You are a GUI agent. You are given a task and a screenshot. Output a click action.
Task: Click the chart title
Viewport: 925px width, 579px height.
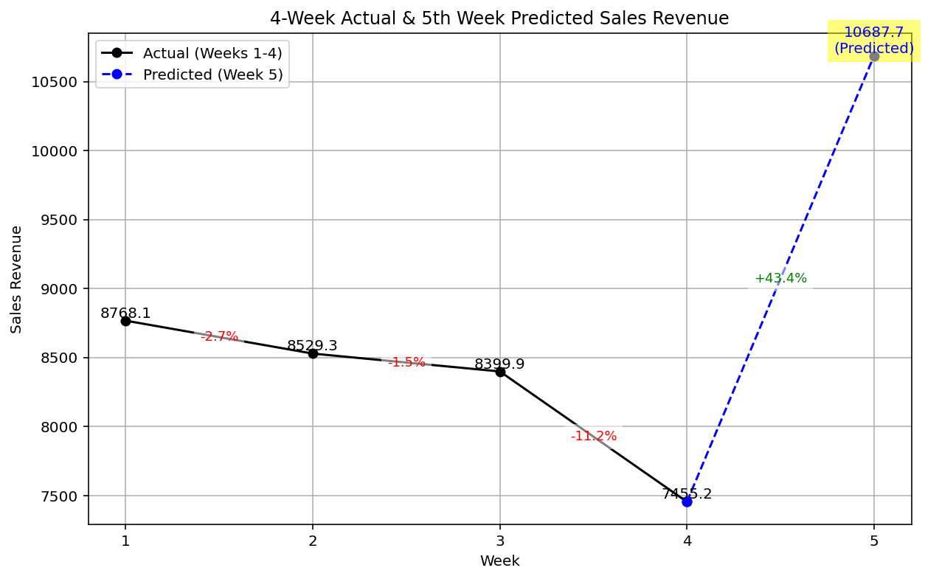(499, 18)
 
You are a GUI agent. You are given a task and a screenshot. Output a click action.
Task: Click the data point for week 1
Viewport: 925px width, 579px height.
(125, 321)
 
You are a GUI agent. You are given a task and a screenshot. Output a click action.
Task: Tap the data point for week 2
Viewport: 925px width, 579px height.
(313, 353)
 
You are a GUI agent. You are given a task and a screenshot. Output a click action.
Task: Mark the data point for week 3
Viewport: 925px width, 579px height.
(500, 372)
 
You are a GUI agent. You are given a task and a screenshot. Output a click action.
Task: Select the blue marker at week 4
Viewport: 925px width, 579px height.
(687, 502)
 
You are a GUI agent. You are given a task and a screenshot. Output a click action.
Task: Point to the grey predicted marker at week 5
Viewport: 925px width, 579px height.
(874, 56)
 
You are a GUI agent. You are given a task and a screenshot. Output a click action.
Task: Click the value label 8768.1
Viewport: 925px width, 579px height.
(125, 313)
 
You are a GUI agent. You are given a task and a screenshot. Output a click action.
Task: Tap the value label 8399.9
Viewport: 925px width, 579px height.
(499, 364)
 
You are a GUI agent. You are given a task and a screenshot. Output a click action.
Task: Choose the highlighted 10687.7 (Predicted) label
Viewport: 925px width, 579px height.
(874, 41)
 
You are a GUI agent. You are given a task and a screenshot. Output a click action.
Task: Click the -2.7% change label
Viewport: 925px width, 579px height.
(220, 337)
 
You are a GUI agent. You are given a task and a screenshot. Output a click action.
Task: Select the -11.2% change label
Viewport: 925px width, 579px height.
(594, 436)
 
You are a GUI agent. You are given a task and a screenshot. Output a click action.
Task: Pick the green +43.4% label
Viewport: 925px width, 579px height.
(780, 279)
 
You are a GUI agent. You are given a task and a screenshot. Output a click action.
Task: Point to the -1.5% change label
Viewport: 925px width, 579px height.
(406, 362)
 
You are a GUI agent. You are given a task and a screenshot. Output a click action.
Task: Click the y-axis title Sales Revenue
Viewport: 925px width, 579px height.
(16, 279)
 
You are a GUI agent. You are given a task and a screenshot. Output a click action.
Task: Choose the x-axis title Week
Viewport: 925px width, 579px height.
(499, 561)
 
